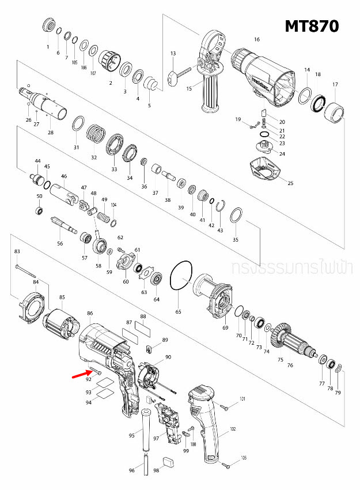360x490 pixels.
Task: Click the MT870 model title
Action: tap(311, 26)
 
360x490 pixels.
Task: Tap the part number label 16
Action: tap(257, 40)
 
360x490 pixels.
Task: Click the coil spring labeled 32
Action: tap(97, 137)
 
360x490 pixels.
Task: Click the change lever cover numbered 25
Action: tap(267, 170)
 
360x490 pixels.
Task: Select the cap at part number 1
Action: tap(48, 27)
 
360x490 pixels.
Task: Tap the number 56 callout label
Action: tap(60, 244)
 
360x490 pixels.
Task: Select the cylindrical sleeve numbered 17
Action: tap(335, 111)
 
